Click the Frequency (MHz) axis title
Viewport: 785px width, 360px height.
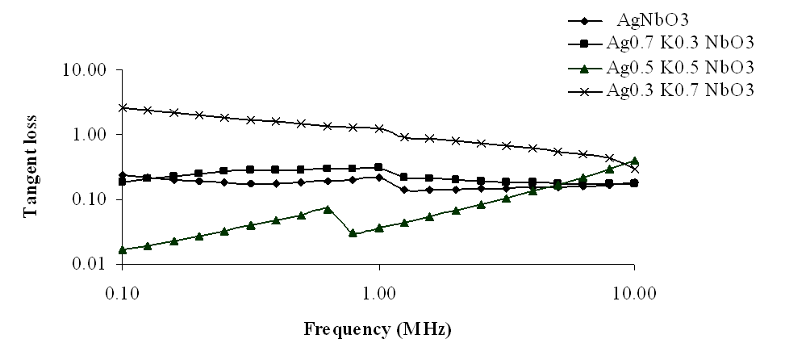tap(377, 329)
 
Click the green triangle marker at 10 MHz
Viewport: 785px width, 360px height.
tap(635, 161)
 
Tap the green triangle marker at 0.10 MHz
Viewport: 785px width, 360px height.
tap(123, 249)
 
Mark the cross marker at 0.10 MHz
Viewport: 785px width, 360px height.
tap(123, 107)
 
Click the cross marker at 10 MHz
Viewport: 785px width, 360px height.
tap(635, 169)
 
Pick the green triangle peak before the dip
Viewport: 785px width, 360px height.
tap(328, 208)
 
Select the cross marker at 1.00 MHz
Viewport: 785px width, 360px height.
tap(379, 128)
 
